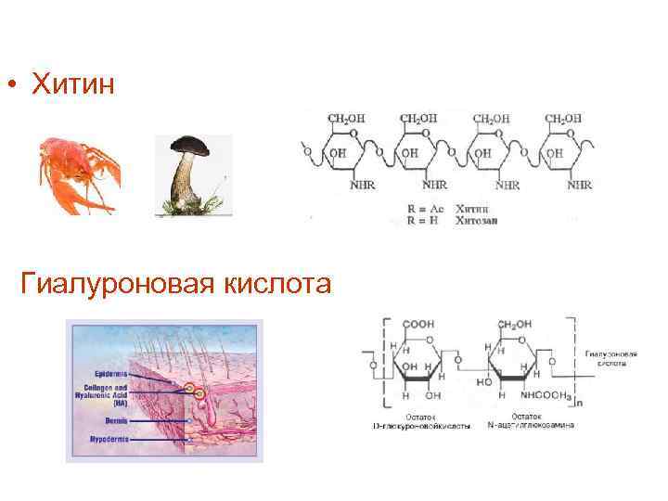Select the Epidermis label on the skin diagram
[x=108, y=374]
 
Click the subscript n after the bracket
[x=579, y=405]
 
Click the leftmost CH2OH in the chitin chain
[x=345, y=119]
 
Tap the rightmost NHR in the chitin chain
[x=580, y=186]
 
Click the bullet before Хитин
[x=13, y=87]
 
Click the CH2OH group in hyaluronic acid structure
[x=514, y=325]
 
